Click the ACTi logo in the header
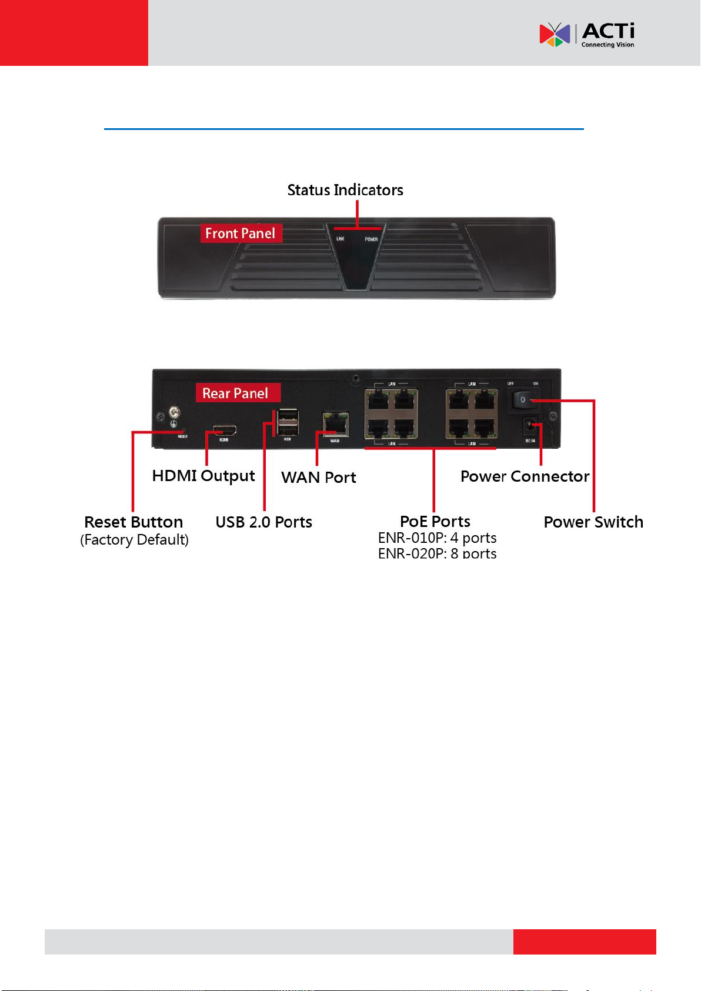point(586,35)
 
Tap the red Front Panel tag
point(241,233)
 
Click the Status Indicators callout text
point(345,190)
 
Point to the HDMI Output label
point(203,476)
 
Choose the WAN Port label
point(318,477)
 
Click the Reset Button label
point(133,522)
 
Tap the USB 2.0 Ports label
point(263,522)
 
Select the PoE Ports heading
point(435,522)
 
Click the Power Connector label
point(525,476)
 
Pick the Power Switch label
point(593,522)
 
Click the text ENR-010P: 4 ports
point(437,538)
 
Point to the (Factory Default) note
point(134,540)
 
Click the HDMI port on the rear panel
point(225,430)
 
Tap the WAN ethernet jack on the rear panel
point(335,423)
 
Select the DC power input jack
point(530,425)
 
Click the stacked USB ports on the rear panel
point(288,421)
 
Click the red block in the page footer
point(584,942)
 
